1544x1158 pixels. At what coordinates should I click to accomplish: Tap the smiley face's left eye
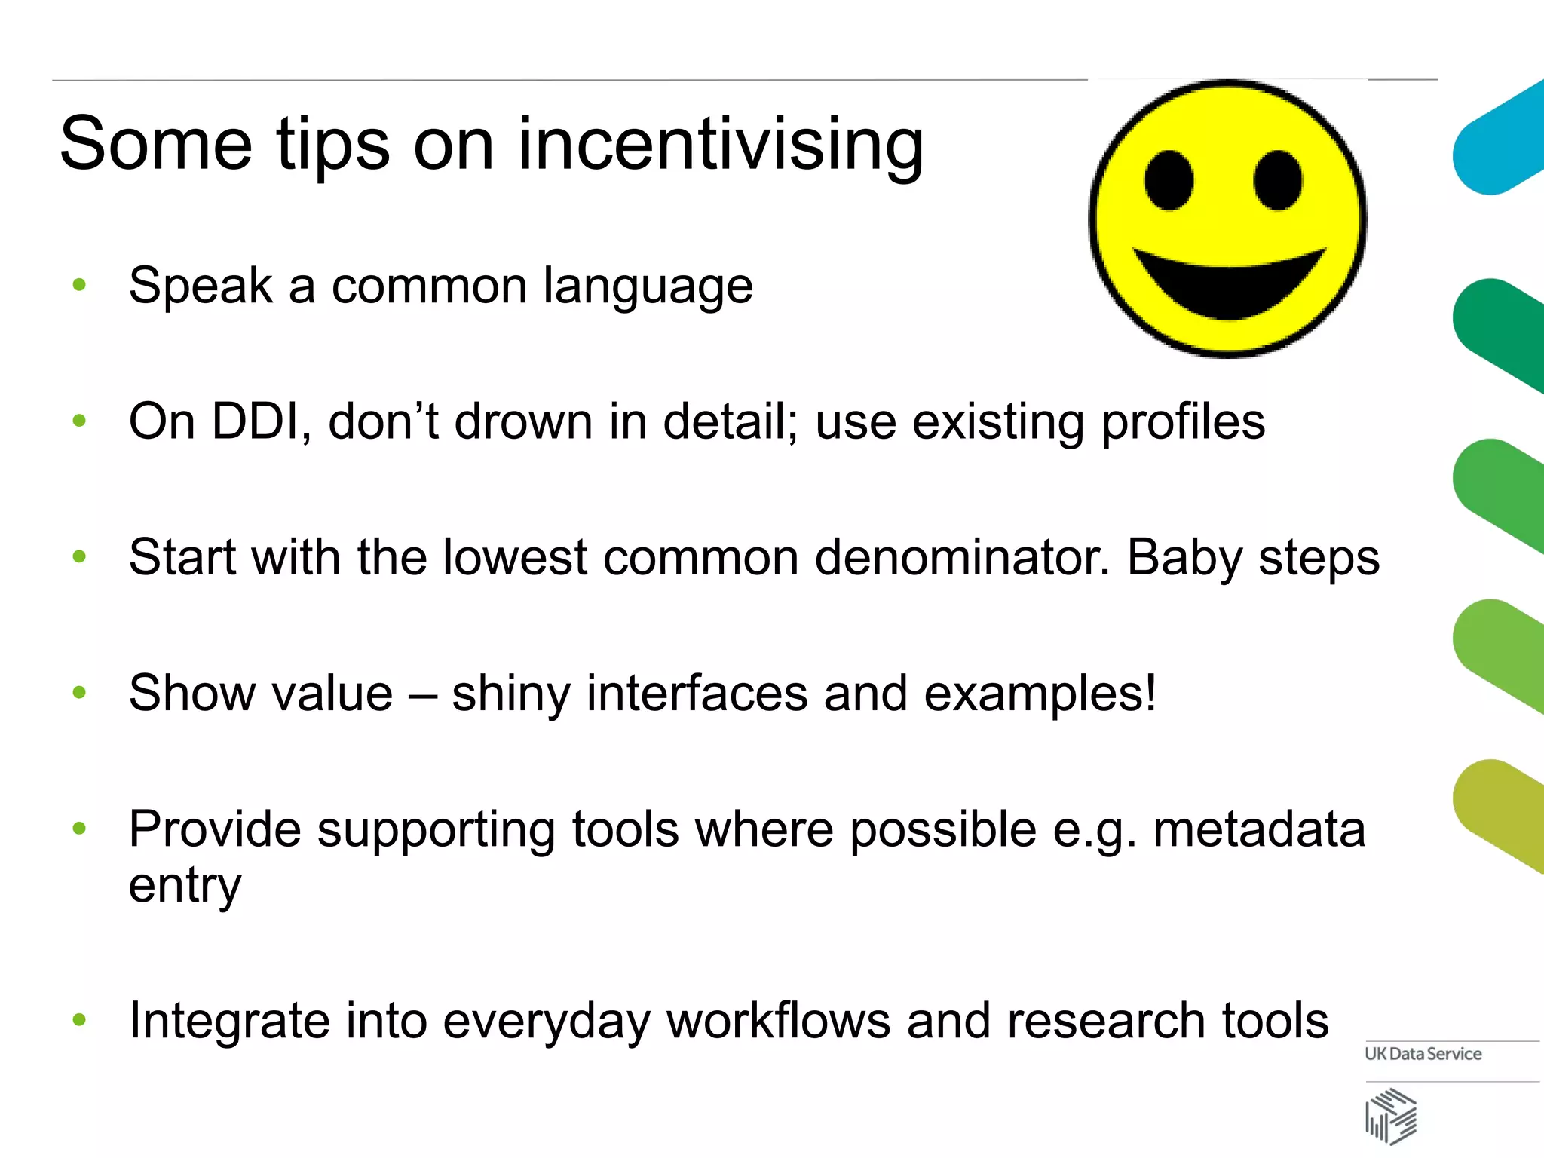pyautogui.click(x=1169, y=181)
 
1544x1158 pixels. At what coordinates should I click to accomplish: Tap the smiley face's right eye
pyautogui.click(x=1278, y=179)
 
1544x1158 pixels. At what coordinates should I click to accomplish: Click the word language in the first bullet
pyautogui.click(x=648, y=287)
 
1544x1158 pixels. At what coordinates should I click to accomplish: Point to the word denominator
pyautogui.click(x=962, y=558)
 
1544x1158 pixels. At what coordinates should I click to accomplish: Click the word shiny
pyautogui.click(x=510, y=694)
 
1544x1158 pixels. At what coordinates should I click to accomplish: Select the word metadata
pyautogui.click(x=1258, y=829)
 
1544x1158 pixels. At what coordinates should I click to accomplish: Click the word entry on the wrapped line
pyautogui.click(x=185, y=885)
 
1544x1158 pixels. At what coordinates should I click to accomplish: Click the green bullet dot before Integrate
pyautogui.click(x=79, y=1020)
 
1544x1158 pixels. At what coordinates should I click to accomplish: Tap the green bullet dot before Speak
pyautogui.click(x=79, y=285)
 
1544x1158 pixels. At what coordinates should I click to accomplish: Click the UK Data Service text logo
pyautogui.click(x=1423, y=1054)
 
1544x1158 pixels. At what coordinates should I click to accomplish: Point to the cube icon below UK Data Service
pyautogui.click(x=1391, y=1116)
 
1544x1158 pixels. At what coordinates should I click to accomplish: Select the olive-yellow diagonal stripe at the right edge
pyautogui.click(x=1497, y=814)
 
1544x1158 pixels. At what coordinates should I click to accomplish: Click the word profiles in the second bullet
pyautogui.click(x=1183, y=422)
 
